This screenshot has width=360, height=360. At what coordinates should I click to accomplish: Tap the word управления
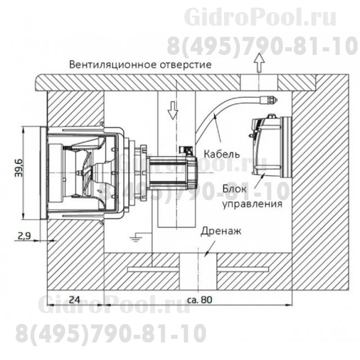pyautogui.click(x=252, y=204)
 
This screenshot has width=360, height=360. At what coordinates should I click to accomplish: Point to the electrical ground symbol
pyautogui.click(x=133, y=235)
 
